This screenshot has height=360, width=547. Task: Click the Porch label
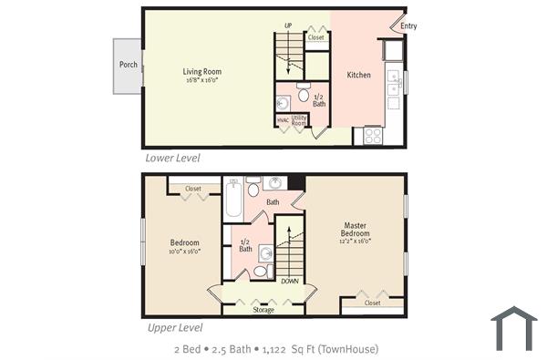pos(128,66)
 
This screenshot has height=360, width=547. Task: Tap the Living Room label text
pos(201,72)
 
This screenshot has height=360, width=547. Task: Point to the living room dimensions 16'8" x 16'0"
pos(201,80)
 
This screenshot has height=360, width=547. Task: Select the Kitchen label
pos(358,75)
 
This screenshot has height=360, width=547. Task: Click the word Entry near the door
pos(408,26)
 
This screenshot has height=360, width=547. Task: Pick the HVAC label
pos(283,119)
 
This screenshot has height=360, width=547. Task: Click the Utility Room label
pos(300,120)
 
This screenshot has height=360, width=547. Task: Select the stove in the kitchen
pos(373,135)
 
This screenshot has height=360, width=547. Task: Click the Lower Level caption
pos(172,158)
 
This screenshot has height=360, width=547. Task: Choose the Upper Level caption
pos(173,327)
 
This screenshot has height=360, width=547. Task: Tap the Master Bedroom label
pos(355,229)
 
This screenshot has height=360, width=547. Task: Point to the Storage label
pos(263,310)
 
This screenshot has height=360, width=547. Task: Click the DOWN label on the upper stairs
pos(290,282)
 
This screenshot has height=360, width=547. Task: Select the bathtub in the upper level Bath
pos(233,199)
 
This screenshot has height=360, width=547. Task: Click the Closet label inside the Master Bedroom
pos(372,303)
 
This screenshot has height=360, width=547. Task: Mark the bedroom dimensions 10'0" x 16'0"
pos(184,251)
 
